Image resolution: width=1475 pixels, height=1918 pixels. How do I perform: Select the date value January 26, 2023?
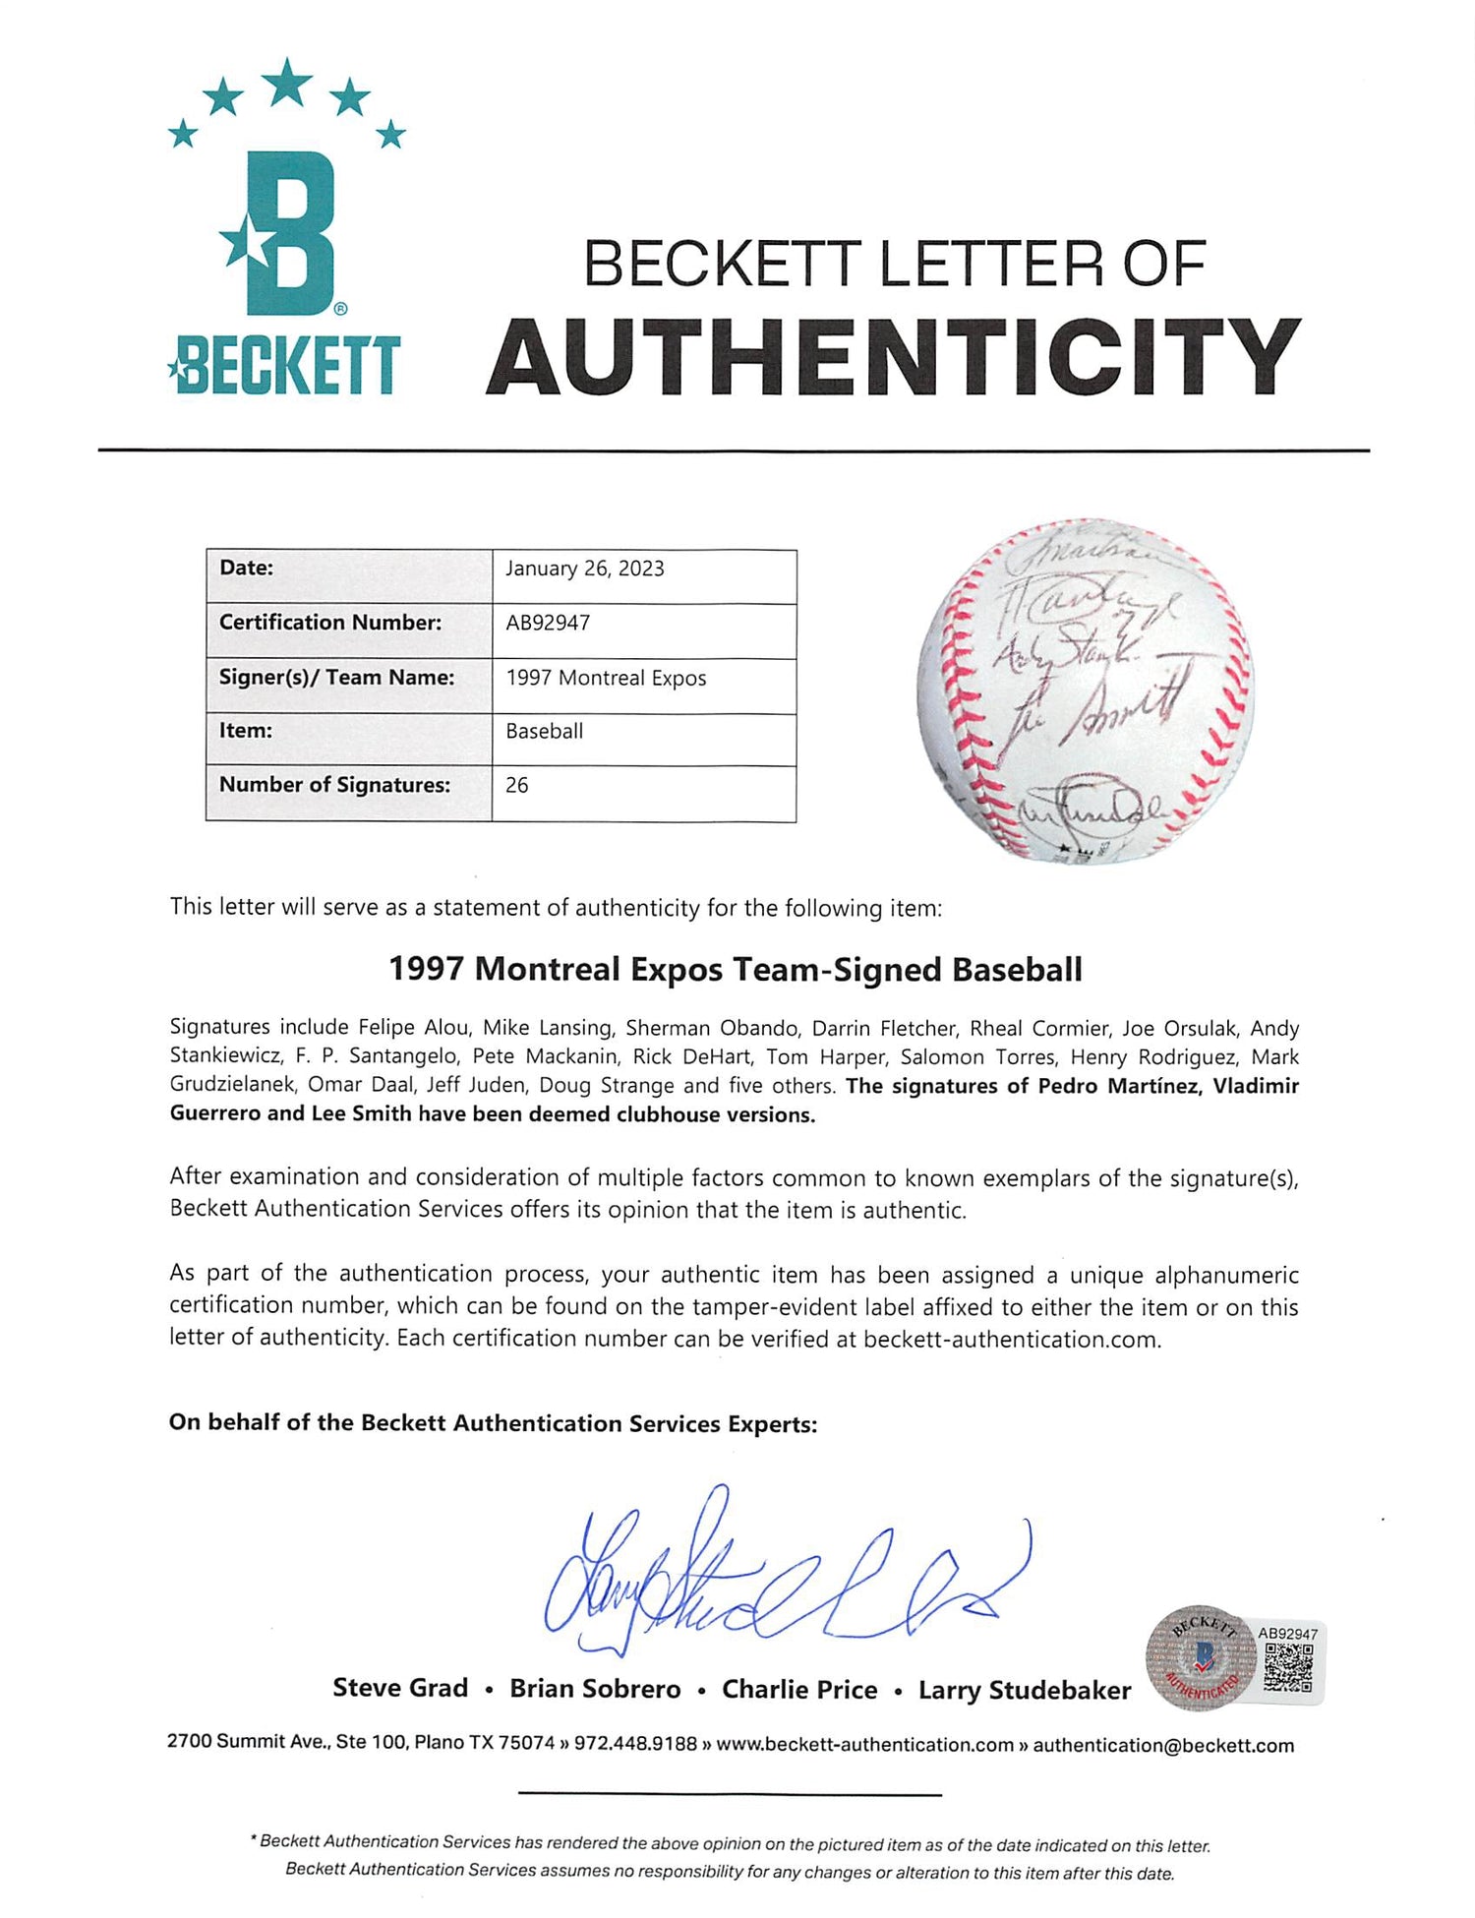pyautogui.click(x=585, y=569)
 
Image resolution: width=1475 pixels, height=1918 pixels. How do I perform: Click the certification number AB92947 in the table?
pyautogui.click(x=548, y=623)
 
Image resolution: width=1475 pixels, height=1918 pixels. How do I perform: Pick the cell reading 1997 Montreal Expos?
pyautogui.click(x=606, y=678)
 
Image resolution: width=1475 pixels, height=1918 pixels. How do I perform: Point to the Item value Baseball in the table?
pyautogui.click(x=545, y=731)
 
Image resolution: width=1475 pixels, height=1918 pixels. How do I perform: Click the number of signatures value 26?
pyautogui.click(x=517, y=785)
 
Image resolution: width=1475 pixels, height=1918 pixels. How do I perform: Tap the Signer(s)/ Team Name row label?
pyautogui.click(x=336, y=677)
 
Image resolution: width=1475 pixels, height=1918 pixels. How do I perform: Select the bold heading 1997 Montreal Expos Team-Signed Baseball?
pyautogui.click(x=736, y=969)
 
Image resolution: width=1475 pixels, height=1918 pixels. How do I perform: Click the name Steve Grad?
pyautogui.click(x=400, y=1688)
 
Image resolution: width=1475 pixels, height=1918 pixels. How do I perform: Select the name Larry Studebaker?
pyautogui.click(x=1025, y=1690)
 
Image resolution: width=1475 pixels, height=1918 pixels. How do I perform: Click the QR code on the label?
pyautogui.click(x=1287, y=1668)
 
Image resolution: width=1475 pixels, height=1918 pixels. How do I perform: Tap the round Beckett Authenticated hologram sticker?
pyautogui.click(x=1201, y=1658)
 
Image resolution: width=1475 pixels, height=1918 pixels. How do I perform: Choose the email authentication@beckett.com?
pyautogui.click(x=1163, y=1745)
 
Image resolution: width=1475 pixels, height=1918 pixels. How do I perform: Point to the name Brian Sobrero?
pyautogui.click(x=595, y=1689)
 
